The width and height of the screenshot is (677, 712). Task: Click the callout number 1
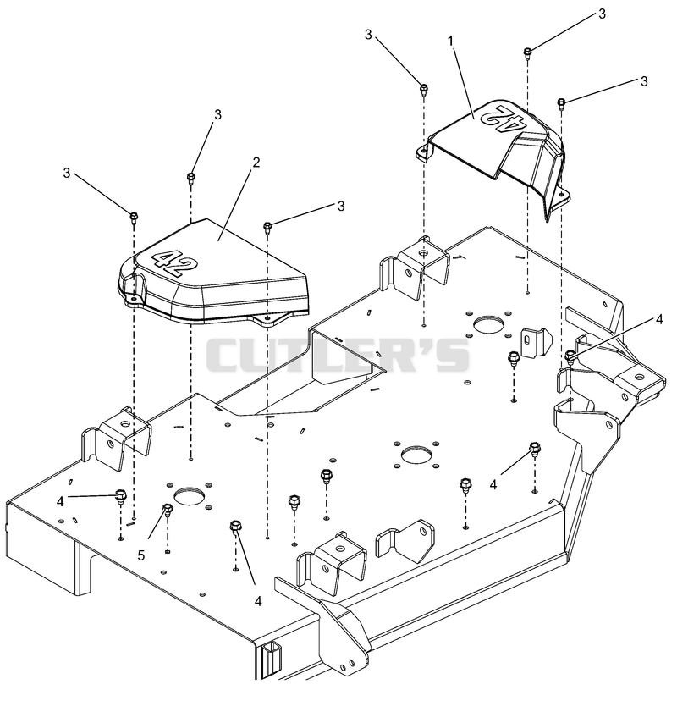(450, 41)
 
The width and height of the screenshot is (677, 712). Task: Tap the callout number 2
(256, 163)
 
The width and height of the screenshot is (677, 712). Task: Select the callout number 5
(141, 555)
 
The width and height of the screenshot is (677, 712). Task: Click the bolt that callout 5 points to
(168, 510)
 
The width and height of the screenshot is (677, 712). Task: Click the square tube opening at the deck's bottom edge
(272, 661)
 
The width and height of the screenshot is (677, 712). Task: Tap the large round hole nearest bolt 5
(190, 495)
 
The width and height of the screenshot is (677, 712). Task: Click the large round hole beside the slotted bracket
(488, 323)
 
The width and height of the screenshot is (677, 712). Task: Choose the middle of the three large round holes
(416, 455)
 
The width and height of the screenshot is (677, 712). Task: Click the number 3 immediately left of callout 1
(368, 35)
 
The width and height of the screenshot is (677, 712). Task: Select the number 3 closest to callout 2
(217, 115)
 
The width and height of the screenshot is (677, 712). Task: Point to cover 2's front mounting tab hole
(267, 318)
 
